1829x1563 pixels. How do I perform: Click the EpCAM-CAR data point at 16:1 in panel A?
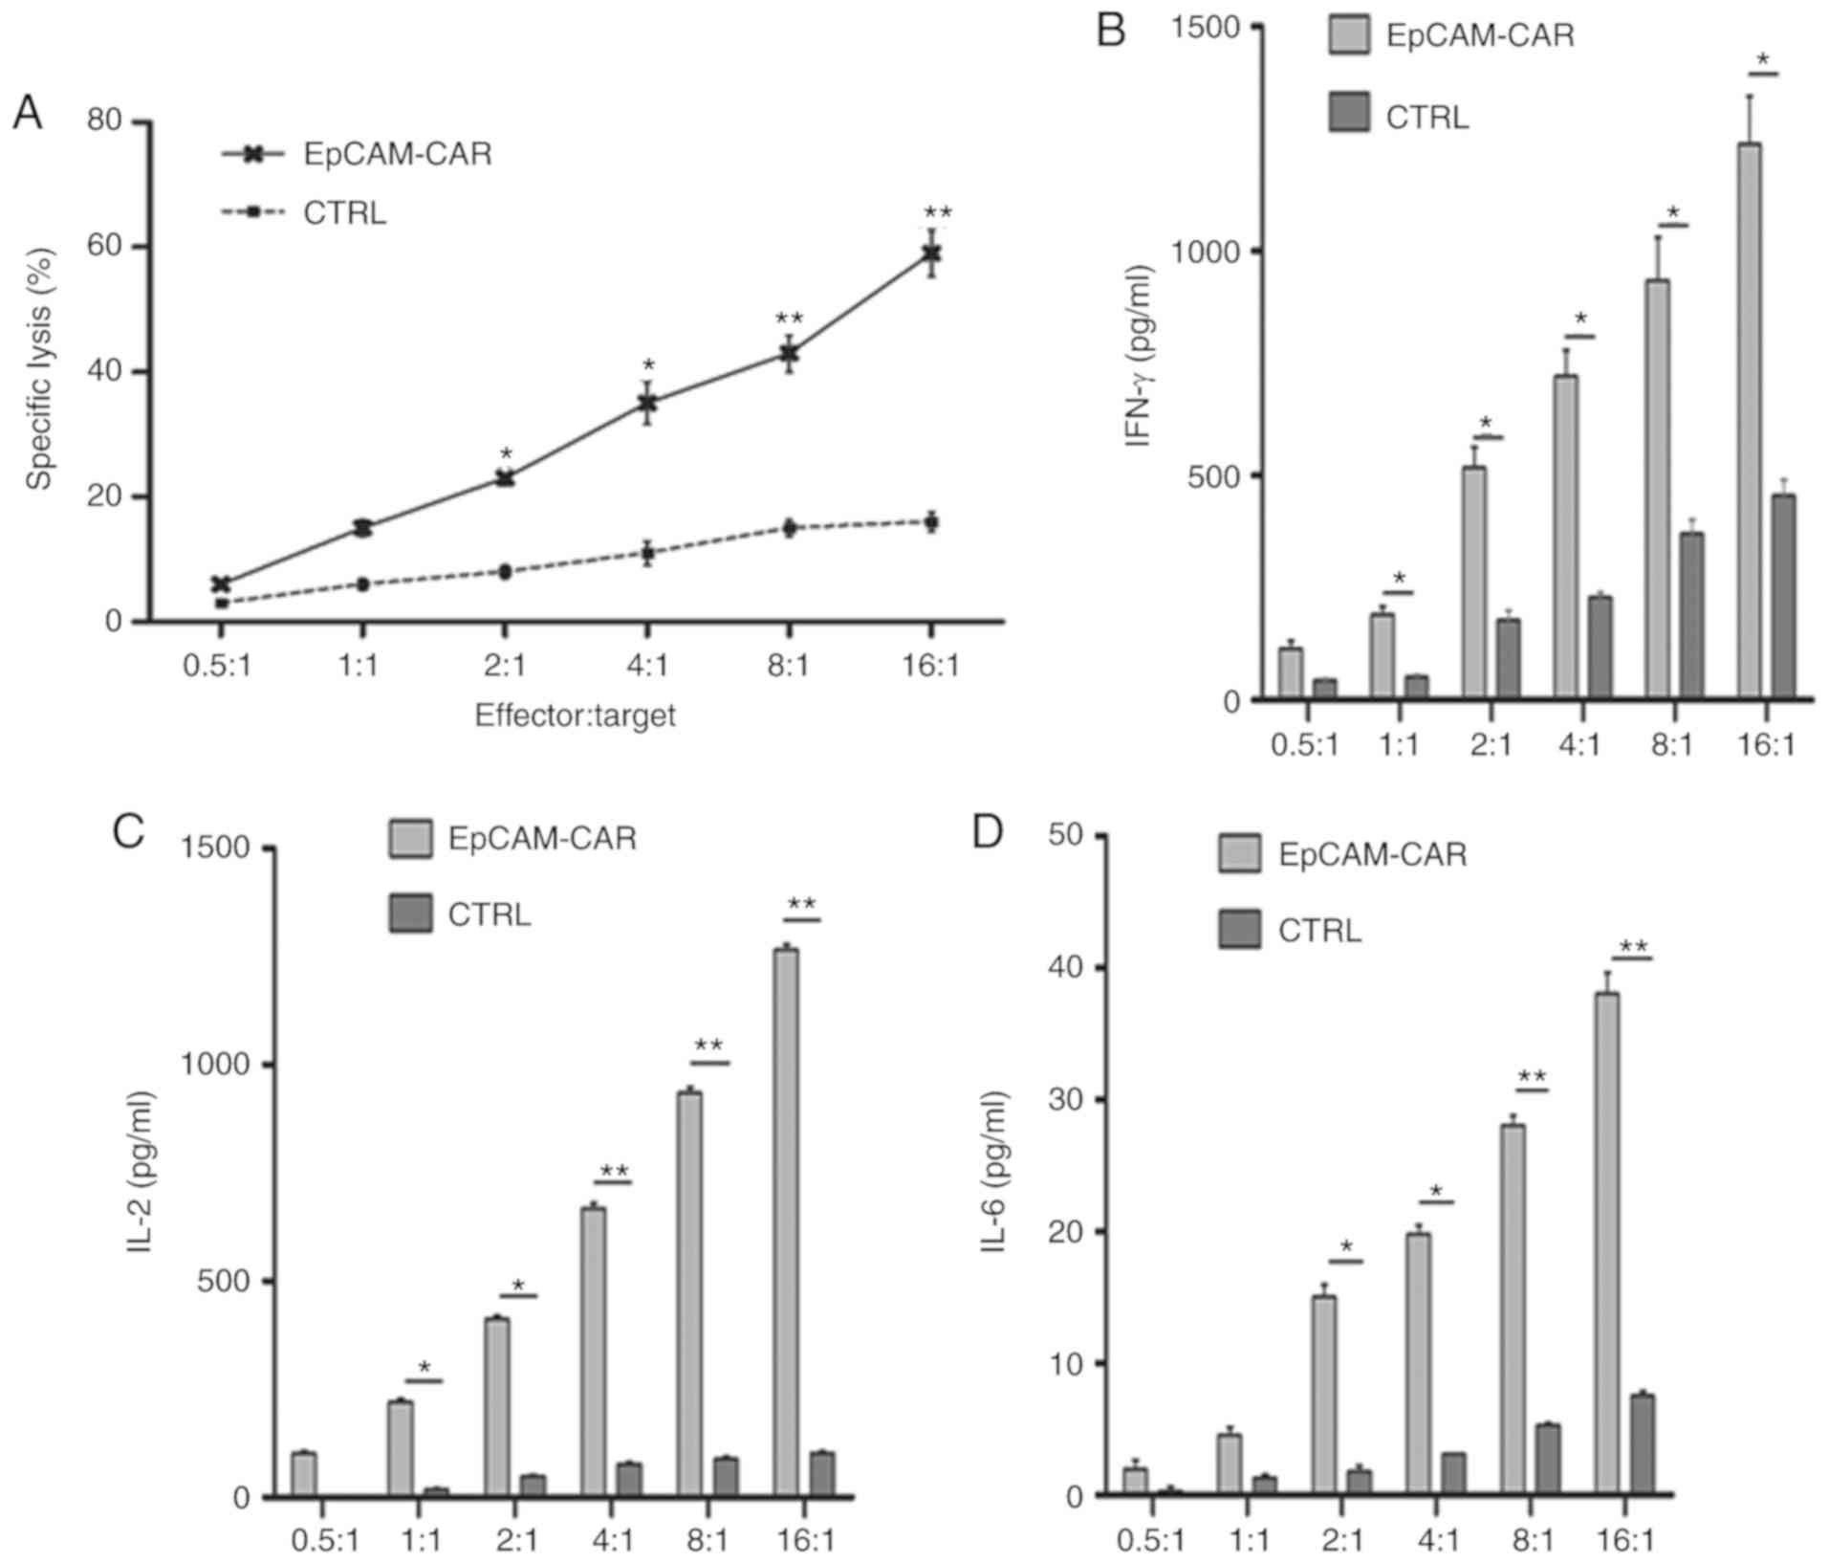pyautogui.click(x=931, y=253)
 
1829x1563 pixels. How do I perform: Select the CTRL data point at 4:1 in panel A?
pyautogui.click(x=647, y=553)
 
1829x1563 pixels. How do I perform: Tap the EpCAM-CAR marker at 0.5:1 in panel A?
pyautogui.click(x=221, y=583)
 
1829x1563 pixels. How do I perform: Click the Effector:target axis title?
pyautogui.click(x=575, y=715)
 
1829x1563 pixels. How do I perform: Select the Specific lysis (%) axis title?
pyautogui.click(x=39, y=369)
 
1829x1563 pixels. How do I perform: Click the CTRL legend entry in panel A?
pyautogui.click(x=344, y=212)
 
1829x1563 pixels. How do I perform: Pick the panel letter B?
pyautogui.click(x=1110, y=31)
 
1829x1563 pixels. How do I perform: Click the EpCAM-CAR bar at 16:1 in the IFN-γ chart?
pyautogui.click(x=1749, y=421)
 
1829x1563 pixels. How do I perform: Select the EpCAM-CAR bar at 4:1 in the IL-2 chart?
pyautogui.click(x=594, y=1350)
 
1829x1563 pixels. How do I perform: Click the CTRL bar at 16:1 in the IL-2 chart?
pyautogui.click(x=822, y=1473)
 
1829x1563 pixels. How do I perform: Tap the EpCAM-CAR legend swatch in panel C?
pyautogui.click(x=410, y=838)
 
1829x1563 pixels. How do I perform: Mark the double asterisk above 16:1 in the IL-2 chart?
pyautogui.click(x=801, y=904)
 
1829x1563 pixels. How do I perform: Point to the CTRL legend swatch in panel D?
pyautogui.click(x=1239, y=930)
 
